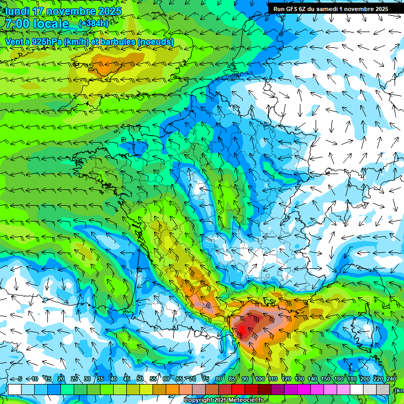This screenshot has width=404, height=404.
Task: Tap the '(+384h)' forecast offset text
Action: click(x=93, y=24)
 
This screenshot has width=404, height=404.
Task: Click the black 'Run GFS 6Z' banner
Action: click(x=330, y=8)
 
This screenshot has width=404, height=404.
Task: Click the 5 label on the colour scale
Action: click(x=20, y=379)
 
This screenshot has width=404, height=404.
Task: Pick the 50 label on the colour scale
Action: click(x=140, y=379)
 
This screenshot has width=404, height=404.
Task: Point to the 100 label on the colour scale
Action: click(x=259, y=379)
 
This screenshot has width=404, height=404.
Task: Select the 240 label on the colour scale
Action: click(x=391, y=379)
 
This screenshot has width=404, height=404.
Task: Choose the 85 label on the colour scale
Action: click(x=233, y=379)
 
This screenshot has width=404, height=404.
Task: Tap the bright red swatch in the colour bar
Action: click(x=239, y=389)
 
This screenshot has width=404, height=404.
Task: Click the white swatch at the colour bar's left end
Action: click(x=15, y=389)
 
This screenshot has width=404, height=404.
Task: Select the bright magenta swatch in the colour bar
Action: click(x=305, y=389)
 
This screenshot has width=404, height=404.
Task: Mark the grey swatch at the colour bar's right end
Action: click(x=384, y=389)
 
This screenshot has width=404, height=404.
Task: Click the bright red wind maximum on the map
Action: click(x=242, y=330)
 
